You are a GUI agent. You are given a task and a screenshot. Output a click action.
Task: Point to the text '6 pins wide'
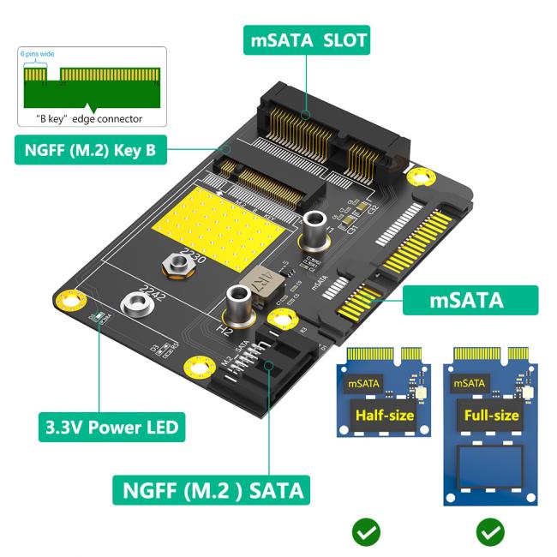click(38, 54)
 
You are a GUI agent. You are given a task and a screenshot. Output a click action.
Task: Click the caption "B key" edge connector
click(88, 118)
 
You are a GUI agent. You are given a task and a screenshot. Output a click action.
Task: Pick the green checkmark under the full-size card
click(490, 533)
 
